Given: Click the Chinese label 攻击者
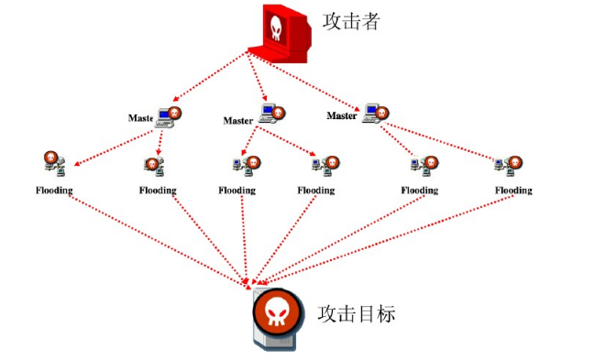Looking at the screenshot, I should [x=350, y=21].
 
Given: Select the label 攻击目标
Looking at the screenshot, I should [x=356, y=313].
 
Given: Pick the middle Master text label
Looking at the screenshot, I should [x=238, y=121].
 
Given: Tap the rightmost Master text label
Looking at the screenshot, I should [x=342, y=116].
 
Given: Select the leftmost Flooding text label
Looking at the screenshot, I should [x=54, y=191].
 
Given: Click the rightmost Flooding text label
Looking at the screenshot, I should [x=513, y=191].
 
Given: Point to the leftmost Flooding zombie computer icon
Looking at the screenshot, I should [x=53, y=163].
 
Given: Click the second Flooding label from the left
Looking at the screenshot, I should [x=158, y=191].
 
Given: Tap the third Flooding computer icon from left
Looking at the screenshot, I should [x=244, y=165].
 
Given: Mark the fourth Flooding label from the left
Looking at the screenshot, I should [x=316, y=191].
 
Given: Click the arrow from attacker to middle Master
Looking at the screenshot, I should [x=257, y=78].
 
